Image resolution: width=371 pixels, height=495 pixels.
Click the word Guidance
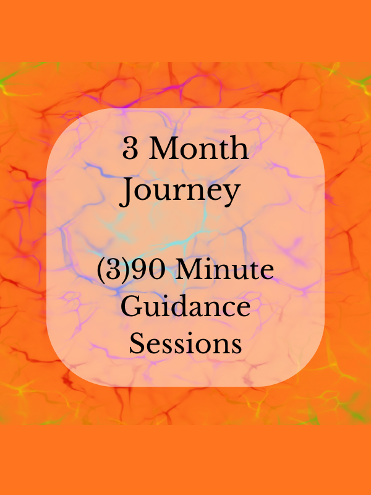pyautogui.click(x=185, y=307)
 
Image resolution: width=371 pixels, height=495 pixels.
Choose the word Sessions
pyautogui.click(x=185, y=343)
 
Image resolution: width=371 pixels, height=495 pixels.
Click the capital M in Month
pyautogui.click(x=164, y=150)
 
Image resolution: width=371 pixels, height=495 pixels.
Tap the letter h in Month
pyautogui.click(x=240, y=150)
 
